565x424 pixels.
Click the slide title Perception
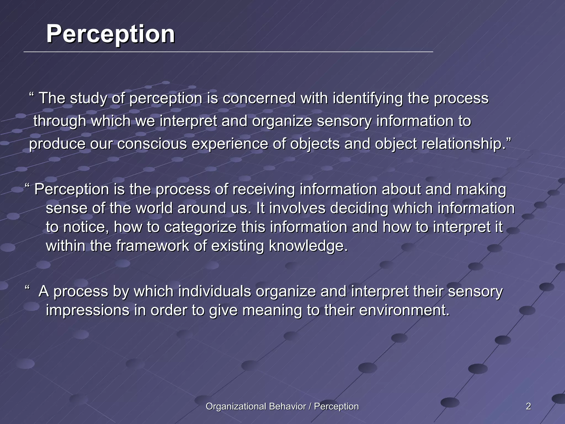pyautogui.click(x=110, y=34)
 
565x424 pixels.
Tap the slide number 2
pyautogui.click(x=528, y=406)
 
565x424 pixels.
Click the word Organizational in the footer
pyautogui.click(x=236, y=406)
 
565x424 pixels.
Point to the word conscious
pyautogui.click(x=152, y=144)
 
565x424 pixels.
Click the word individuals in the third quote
pyautogui.click(x=214, y=291)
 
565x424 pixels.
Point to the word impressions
pyautogui.click(x=87, y=310)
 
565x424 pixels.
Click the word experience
pyautogui.click(x=230, y=144)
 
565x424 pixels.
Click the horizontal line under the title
pyautogui.click(x=228, y=52)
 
